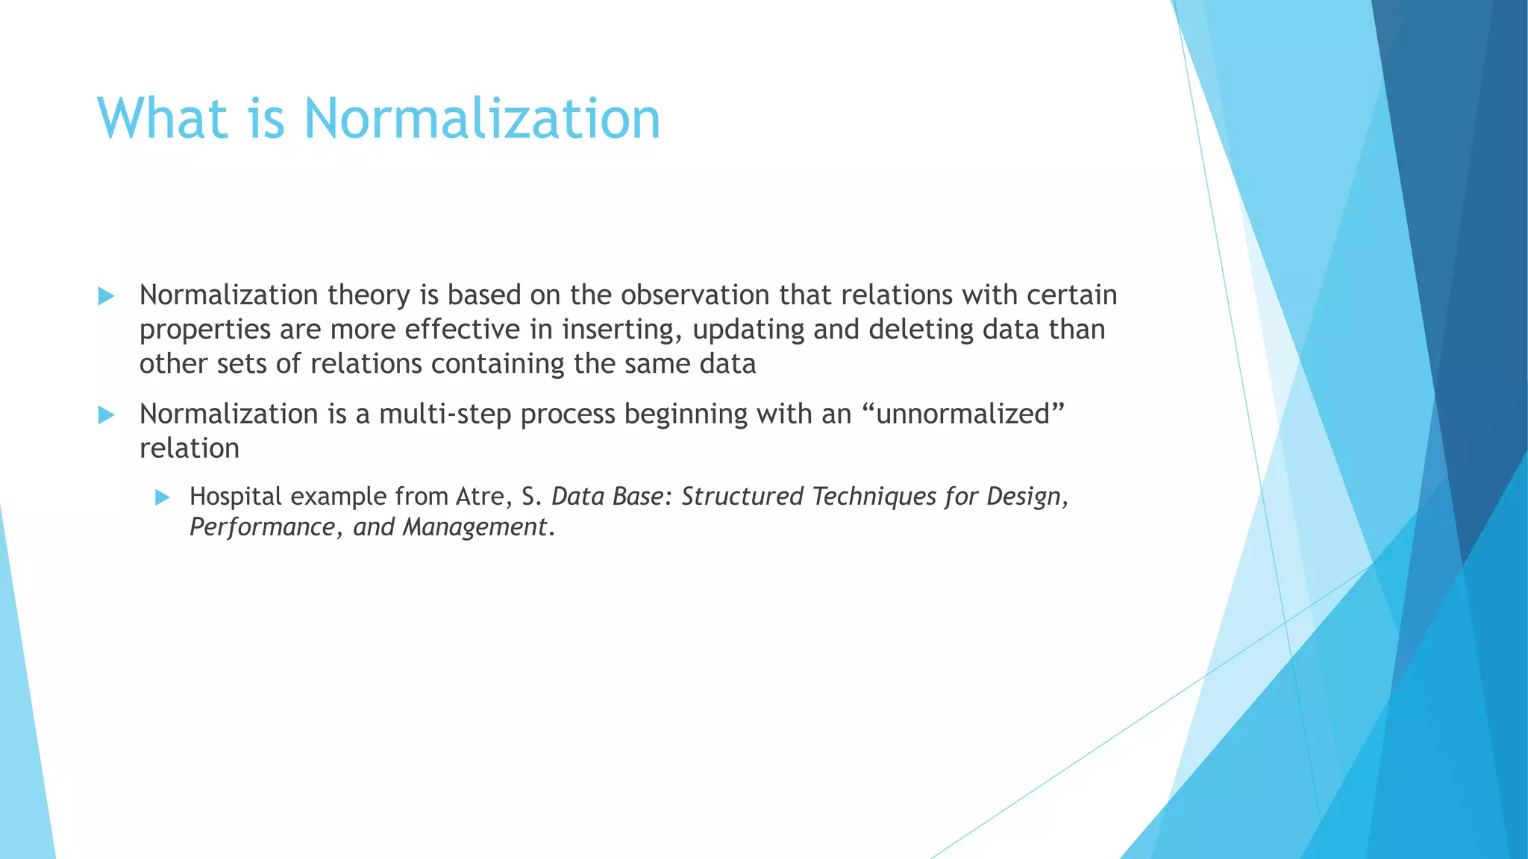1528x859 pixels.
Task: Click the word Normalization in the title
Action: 482,119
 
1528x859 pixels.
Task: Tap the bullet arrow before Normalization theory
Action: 106,297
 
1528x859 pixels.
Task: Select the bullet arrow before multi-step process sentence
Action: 106,415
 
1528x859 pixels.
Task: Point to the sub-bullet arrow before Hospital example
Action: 163,498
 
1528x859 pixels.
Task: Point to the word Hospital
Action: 236,497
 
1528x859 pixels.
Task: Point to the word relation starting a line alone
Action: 190,448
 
